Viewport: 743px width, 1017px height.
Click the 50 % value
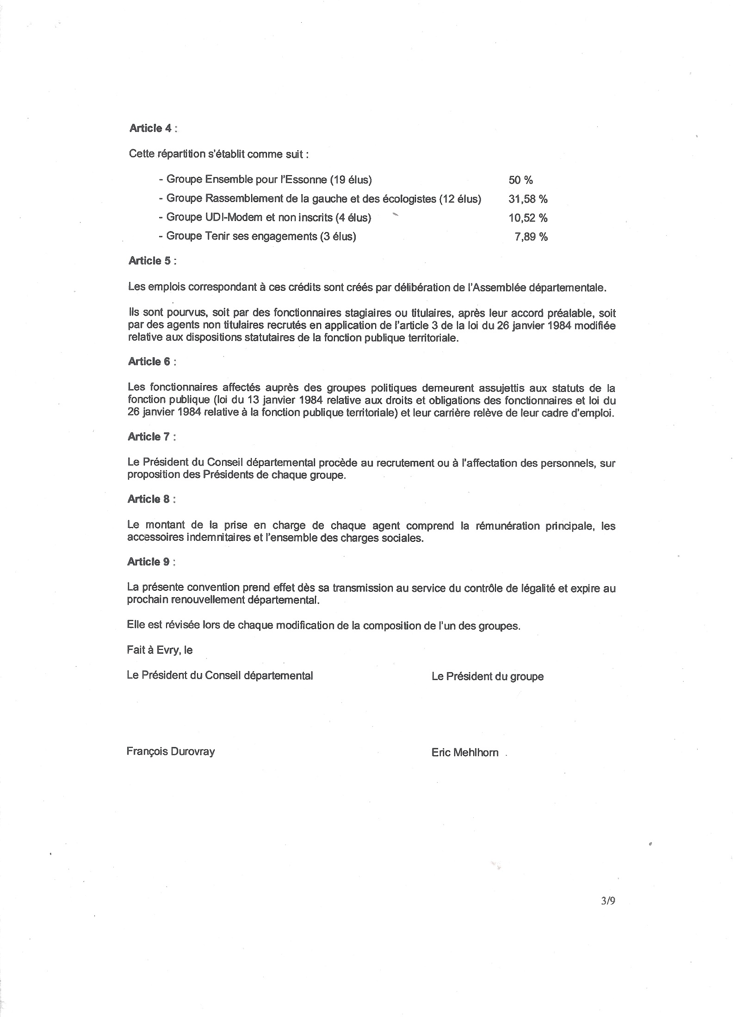520,180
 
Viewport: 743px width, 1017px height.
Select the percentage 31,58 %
528,199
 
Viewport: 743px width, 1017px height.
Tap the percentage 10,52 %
528,218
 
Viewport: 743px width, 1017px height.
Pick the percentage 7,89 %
531,237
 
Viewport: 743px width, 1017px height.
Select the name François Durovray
171,752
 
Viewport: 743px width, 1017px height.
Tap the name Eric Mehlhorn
465,753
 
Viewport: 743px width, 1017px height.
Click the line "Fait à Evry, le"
160,650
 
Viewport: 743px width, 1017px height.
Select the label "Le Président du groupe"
488,677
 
